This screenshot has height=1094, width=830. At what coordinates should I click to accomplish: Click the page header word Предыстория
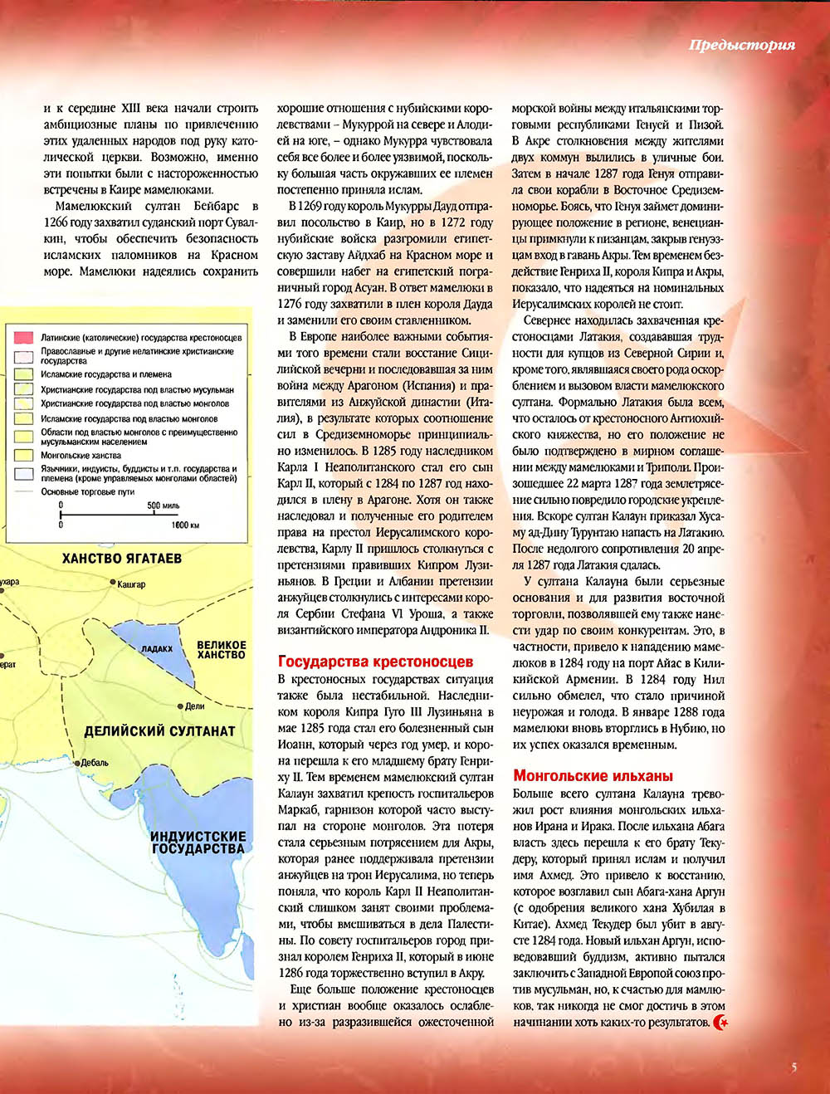[741, 45]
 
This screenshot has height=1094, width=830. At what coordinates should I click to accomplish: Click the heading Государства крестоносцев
[375, 662]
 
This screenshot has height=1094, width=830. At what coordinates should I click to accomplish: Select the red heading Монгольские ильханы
[593, 776]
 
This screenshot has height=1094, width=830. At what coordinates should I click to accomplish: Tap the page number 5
[794, 1067]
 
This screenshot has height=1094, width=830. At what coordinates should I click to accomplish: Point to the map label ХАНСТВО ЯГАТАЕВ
[121, 559]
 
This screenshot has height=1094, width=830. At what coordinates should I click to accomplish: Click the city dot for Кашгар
[114, 584]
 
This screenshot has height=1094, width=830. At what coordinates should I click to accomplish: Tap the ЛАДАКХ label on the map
[157, 649]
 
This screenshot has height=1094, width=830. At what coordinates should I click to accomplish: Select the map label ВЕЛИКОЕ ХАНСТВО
[222, 649]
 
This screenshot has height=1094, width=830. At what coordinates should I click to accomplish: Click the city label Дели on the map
[194, 706]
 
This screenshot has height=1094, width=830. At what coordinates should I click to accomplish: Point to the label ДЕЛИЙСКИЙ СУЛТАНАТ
[159, 731]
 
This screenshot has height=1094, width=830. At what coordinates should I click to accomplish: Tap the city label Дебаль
[94, 762]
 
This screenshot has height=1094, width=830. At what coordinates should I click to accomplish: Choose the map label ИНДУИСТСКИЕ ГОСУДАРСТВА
[198, 842]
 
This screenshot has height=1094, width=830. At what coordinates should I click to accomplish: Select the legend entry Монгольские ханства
[81, 456]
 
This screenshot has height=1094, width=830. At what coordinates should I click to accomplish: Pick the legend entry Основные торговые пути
[87, 491]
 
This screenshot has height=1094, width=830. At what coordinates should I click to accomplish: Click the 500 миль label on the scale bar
[163, 505]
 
